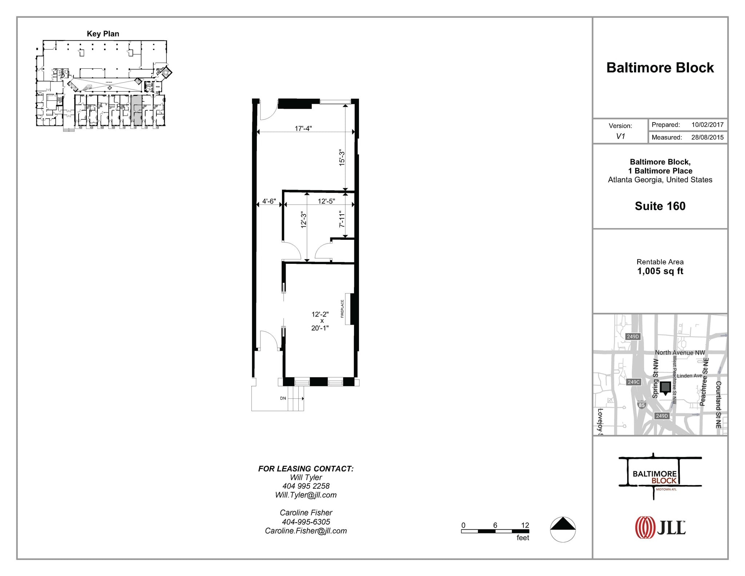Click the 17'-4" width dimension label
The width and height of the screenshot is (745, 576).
pyautogui.click(x=303, y=128)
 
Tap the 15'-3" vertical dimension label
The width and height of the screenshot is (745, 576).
pyautogui.click(x=342, y=158)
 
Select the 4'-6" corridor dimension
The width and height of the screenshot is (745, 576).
pyautogui.click(x=269, y=201)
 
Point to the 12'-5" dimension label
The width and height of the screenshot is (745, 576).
pyautogui.click(x=326, y=201)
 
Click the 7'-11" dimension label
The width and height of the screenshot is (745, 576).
pyautogui.click(x=342, y=219)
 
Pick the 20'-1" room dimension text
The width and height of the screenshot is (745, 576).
pyautogui.click(x=320, y=328)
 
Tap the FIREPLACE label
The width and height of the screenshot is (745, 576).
pyautogui.click(x=342, y=309)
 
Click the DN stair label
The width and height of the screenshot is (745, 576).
pyautogui.click(x=283, y=398)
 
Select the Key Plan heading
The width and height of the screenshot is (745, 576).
pyautogui.click(x=103, y=34)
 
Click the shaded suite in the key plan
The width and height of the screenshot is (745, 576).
pyautogui.click(x=136, y=110)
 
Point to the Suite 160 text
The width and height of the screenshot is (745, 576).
pyautogui.click(x=660, y=206)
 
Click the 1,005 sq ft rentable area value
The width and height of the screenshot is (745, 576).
pyautogui.click(x=660, y=271)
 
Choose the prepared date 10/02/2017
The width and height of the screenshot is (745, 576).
pyautogui.click(x=707, y=125)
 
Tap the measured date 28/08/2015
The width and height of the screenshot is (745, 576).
pyautogui.click(x=707, y=138)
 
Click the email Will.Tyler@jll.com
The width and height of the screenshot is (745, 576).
pyautogui.click(x=306, y=495)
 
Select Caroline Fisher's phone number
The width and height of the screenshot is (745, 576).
pyautogui.click(x=306, y=522)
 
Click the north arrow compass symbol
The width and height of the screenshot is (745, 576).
pyautogui.click(x=563, y=529)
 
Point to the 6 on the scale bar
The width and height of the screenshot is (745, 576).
pyautogui.click(x=495, y=525)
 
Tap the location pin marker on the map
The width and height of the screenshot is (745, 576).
pyautogui.click(x=665, y=388)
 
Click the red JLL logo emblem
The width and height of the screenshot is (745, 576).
pyautogui.click(x=645, y=527)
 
